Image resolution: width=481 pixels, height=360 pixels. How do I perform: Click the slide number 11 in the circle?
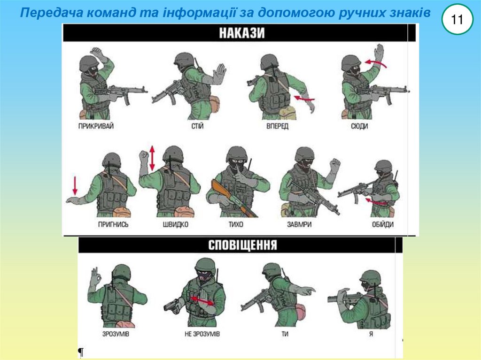[457, 20]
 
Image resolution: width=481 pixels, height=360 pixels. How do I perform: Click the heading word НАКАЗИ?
[242, 33]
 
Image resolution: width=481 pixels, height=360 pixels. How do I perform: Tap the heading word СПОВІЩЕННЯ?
[243, 245]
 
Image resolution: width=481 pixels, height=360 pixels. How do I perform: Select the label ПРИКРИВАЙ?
[96, 126]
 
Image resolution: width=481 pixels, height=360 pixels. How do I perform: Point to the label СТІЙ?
[197, 126]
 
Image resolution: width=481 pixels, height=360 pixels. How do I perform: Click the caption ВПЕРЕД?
[277, 126]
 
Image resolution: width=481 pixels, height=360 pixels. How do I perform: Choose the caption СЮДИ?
[359, 126]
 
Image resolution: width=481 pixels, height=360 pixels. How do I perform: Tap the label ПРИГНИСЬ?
[113, 224]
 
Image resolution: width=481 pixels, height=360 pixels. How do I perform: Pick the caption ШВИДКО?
[176, 224]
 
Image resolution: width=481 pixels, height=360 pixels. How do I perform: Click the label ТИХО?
[236, 224]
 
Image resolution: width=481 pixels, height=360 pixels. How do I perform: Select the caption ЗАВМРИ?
[299, 224]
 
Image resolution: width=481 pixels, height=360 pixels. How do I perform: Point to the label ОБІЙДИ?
[382, 224]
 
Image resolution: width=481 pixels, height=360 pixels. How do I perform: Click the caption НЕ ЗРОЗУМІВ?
[202, 334]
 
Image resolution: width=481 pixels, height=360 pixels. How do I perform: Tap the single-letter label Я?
[371, 334]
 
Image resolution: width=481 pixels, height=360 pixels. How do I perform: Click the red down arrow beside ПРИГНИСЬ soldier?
[75, 185]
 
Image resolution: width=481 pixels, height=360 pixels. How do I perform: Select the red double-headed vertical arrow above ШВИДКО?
[152, 158]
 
